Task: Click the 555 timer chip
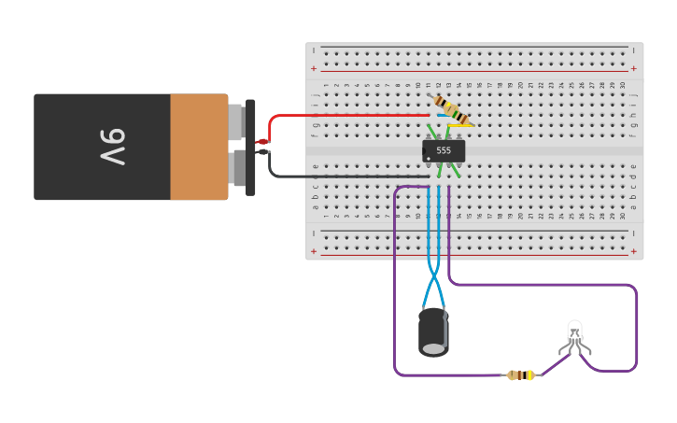point(444,150)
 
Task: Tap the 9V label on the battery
point(111,147)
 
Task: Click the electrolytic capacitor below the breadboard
point(432,331)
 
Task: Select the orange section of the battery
point(199,147)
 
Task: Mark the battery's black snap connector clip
point(250,148)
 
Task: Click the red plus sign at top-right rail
point(634,68)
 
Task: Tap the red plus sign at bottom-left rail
point(314,250)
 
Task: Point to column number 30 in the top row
point(622,85)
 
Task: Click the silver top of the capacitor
point(433,348)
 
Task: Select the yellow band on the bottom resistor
point(530,375)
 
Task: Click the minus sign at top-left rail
point(314,49)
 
